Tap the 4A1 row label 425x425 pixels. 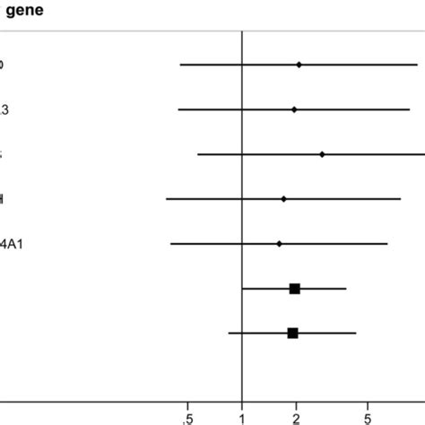(11, 243)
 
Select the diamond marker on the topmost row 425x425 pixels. (299, 65)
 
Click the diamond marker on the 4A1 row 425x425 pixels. (279, 243)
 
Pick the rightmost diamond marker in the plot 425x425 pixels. (322, 154)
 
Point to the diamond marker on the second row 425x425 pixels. (294, 109)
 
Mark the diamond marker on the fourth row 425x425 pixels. (283, 198)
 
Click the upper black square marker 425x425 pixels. (294, 288)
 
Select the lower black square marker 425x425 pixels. (292, 333)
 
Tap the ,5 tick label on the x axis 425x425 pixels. (186, 417)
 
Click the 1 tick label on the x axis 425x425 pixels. (242, 417)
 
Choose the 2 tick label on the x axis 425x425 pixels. (296, 417)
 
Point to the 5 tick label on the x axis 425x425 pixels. (368, 417)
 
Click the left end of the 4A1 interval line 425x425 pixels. (171, 243)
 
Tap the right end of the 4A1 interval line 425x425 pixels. (387, 243)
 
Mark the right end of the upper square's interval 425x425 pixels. (346, 288)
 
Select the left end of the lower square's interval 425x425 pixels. (229, 333)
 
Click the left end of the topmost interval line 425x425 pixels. (180, 65)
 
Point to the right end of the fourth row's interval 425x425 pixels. (400, 198)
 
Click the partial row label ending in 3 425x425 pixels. (4, 109)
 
